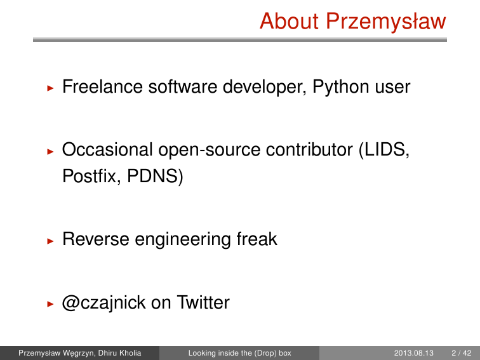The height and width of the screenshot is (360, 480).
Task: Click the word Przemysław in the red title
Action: (x=386, y=22)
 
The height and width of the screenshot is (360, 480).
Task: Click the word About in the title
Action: (x=290, y=21)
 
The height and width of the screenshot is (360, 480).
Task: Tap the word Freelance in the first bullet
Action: (x=103, y=86)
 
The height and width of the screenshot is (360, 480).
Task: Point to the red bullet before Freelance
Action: (x=51, y=88)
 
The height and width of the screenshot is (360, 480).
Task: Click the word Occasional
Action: (x=107, y=150)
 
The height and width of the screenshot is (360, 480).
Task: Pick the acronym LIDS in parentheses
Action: (x=384, y=150)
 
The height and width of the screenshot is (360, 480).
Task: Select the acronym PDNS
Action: (x=155, y=177)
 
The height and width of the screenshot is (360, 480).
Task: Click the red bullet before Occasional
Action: (x=51, y=151)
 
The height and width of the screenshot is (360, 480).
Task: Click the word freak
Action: (x=257, y=239)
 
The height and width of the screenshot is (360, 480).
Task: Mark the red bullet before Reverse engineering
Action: (x=51, y=241)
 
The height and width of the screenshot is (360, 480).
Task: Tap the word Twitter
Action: (x=203, y=302)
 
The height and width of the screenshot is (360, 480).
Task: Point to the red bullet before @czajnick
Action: (x=51, y=304)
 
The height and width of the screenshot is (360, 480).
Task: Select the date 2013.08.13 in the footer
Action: (x=413, y=353)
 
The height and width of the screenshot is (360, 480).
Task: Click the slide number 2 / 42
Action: (x=462, y=353)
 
